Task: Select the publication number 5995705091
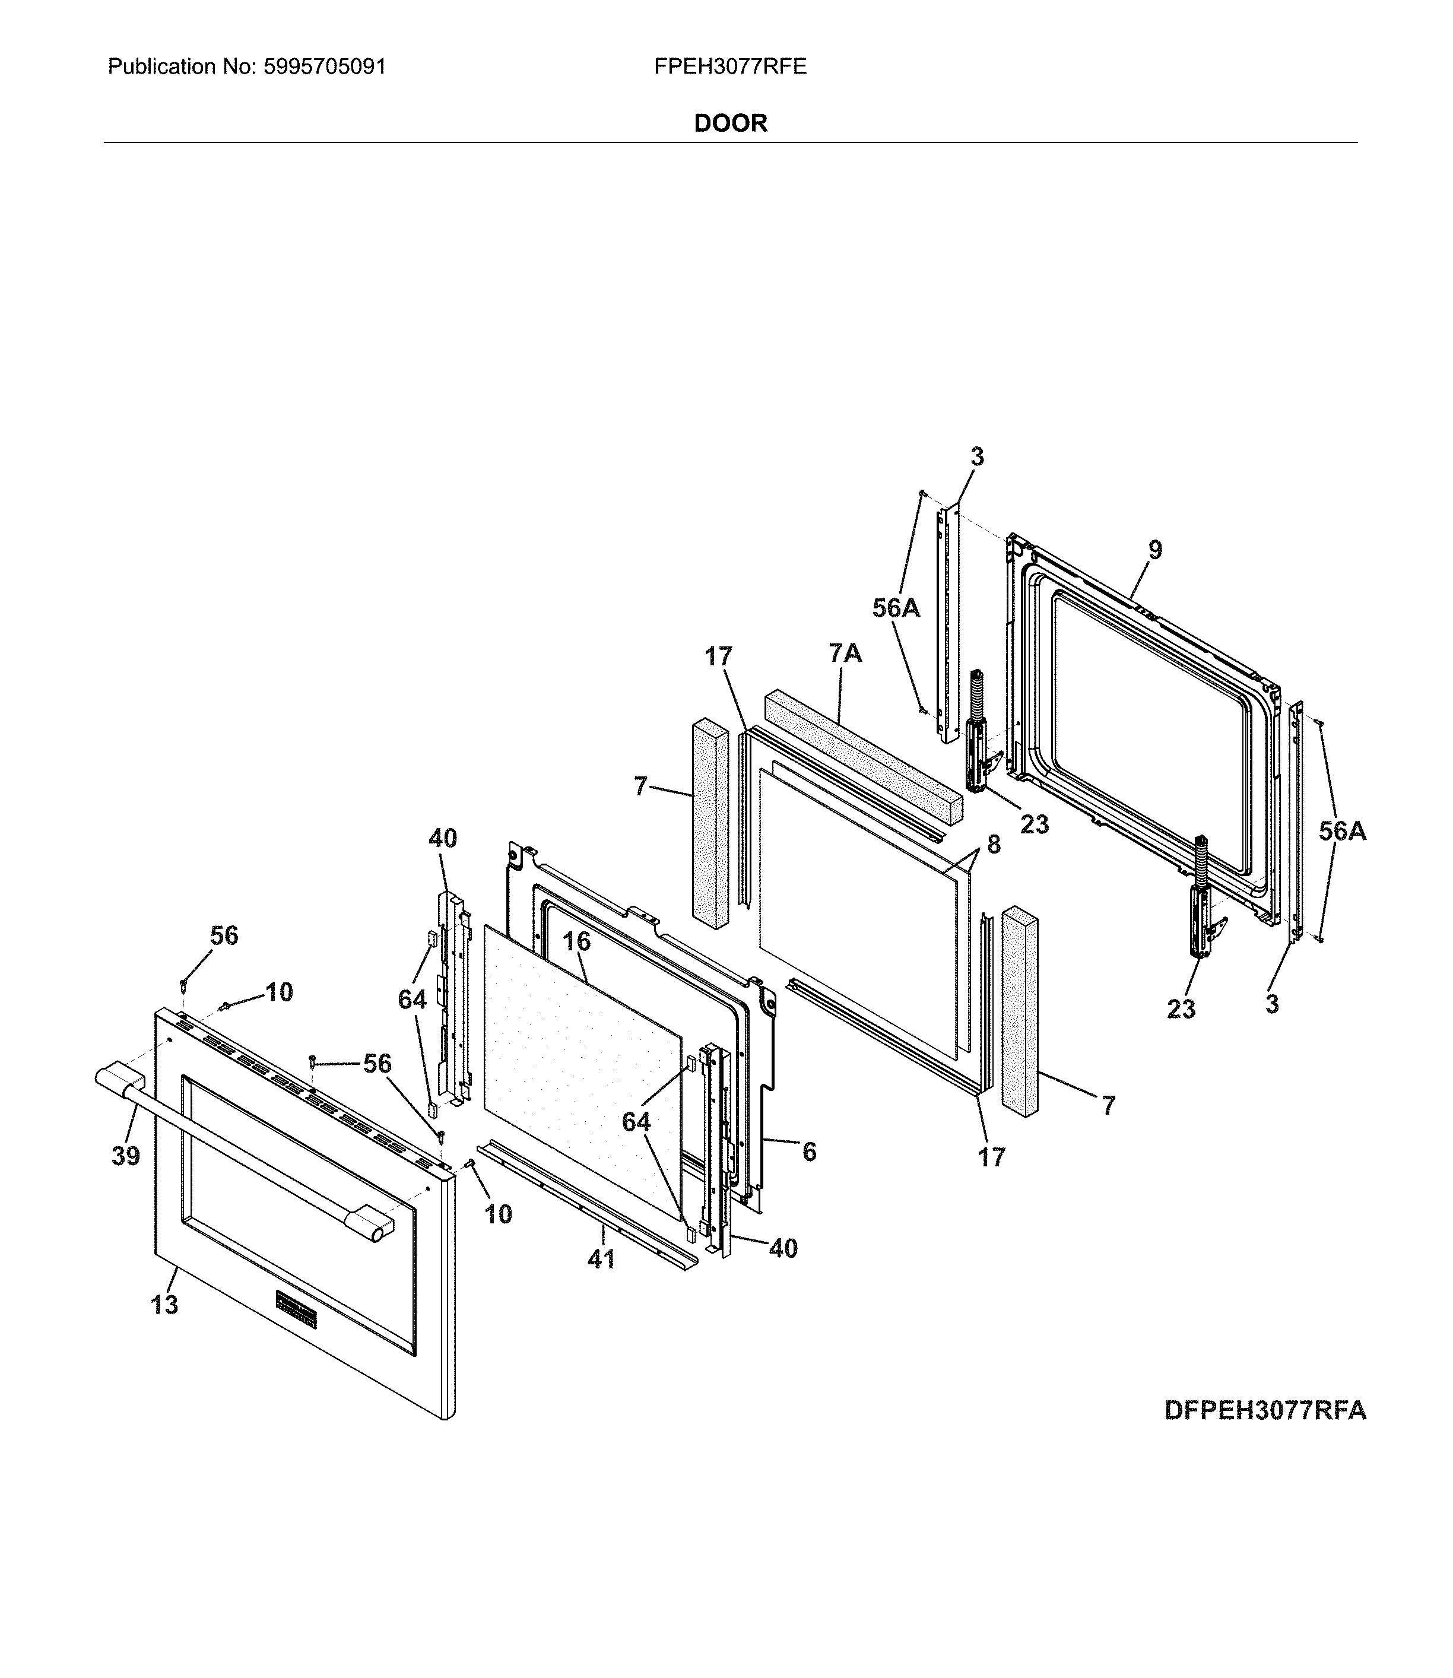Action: click(324, 66)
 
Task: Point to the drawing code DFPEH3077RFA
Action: click(1265, 1410)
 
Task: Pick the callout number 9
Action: click(1154, 550)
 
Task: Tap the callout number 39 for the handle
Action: click(126, 1156)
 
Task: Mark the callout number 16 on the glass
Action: click(576, 941)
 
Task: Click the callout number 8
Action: click(993, 844)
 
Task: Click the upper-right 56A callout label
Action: click(896, 608)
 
